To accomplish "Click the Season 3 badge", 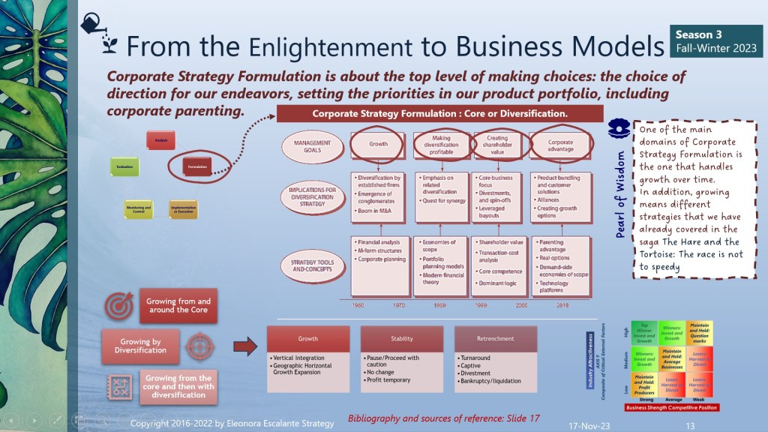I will [x=716, y=40].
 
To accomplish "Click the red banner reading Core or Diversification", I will [x=439, y=114].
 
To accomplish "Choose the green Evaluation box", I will [x=124, y=166].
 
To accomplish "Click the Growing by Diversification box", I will [x=141, y=346].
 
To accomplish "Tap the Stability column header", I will [x=402, y=338].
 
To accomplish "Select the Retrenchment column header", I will [x=495, y=338].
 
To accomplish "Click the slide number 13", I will [x=690, y=425].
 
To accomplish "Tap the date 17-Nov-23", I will [x=589, y=424].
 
